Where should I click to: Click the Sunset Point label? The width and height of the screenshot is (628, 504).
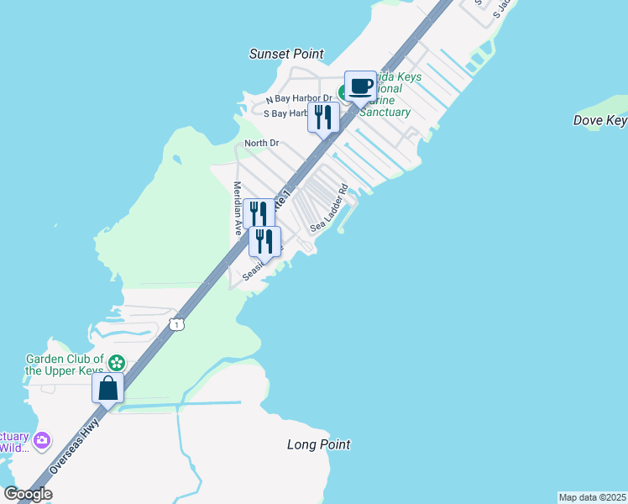pos(286,54)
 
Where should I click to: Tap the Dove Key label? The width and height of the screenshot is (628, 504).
pos(599,121)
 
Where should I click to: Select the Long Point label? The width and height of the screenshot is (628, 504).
pos(318,444)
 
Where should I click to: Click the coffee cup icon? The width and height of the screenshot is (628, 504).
pos(360,85)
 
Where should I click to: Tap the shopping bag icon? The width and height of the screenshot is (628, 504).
pos(108,388)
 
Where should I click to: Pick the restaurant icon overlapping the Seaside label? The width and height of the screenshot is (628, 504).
pos(264,241)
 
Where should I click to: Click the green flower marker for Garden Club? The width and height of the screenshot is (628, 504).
pos(117,363)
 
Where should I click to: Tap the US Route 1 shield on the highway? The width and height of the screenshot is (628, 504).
pos(175,323)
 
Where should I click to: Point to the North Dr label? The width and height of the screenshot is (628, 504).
pos(261,144)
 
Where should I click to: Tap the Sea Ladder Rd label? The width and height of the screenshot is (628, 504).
pos(328,208)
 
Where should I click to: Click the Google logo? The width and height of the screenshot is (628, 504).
pos(28,494)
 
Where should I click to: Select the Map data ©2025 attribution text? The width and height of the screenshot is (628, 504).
pos(592,497)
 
